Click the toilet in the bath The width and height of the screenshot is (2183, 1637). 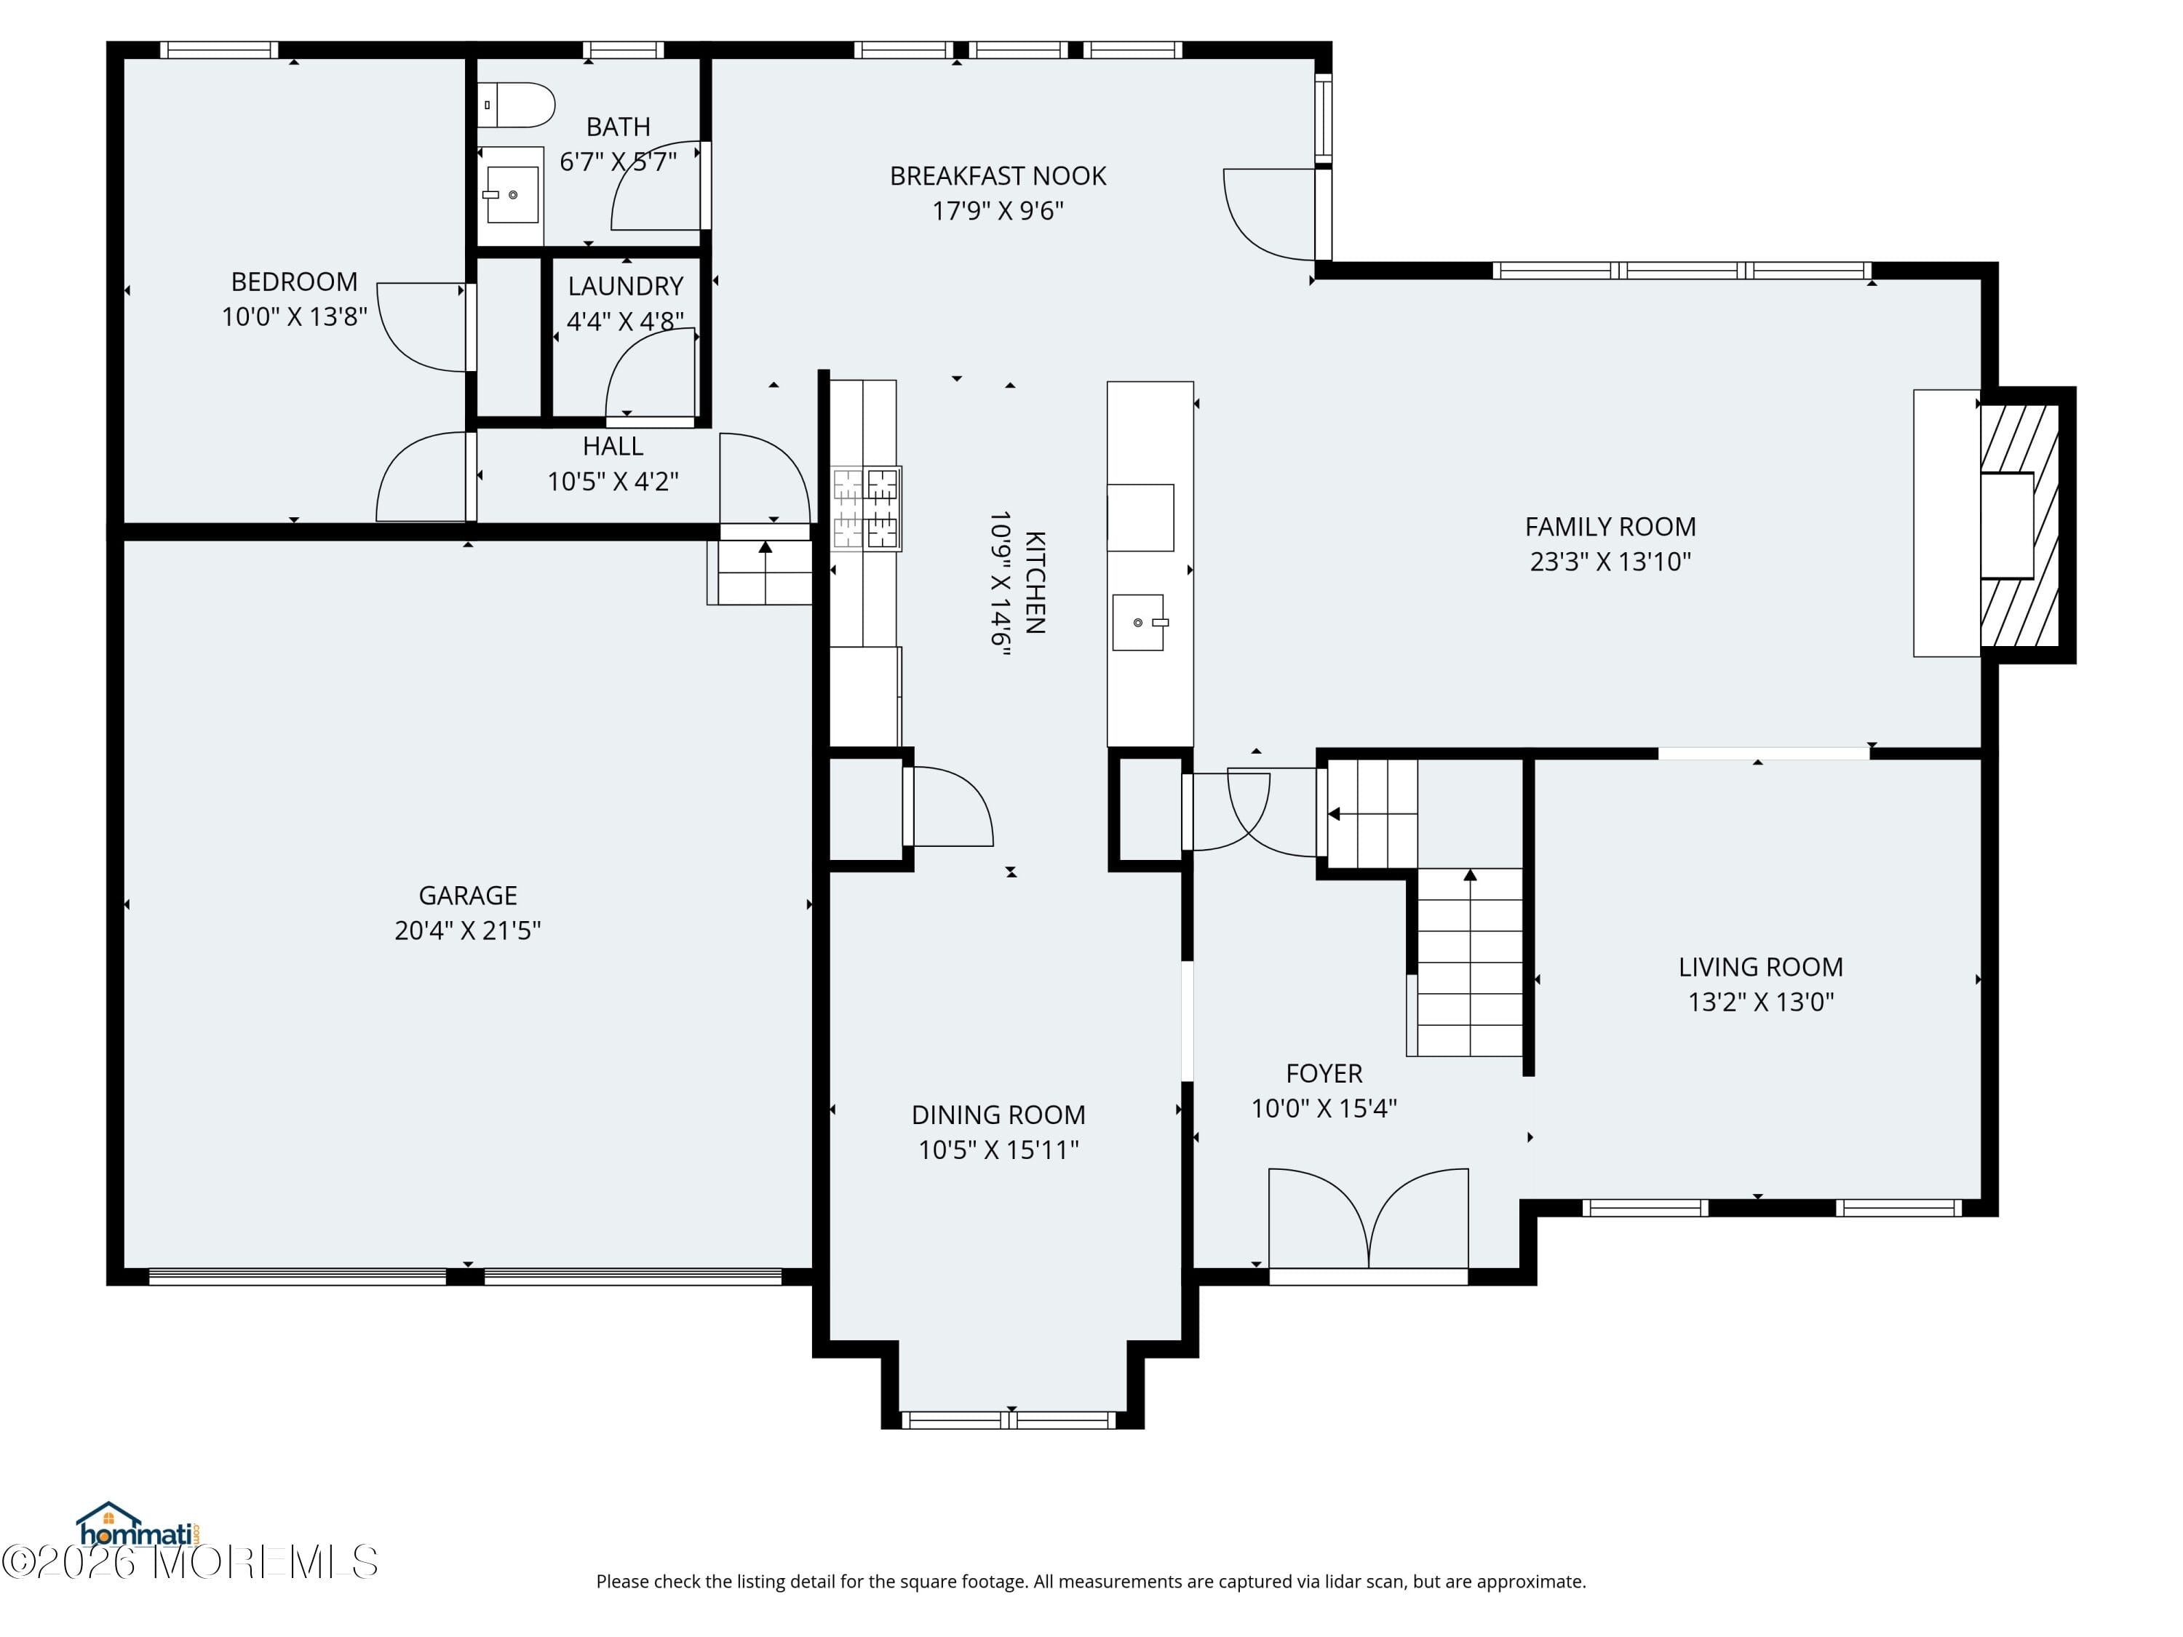point(516,105)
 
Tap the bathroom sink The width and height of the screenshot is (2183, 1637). point(512,194)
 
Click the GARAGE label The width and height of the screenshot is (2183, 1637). point(468,895)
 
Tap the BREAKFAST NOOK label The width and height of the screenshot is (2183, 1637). point(998,175)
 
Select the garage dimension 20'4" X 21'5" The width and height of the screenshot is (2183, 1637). point(468,931)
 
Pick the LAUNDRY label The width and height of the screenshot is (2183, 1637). point(626,286)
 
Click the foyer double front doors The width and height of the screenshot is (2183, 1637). point(1368,1224)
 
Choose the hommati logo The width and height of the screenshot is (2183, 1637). point(139,1526)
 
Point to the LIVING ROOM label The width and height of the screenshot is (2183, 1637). point(1761,967)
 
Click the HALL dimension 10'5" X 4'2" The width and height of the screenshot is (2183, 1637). point(613,482)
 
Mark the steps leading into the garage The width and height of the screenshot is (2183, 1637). point(760,573)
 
